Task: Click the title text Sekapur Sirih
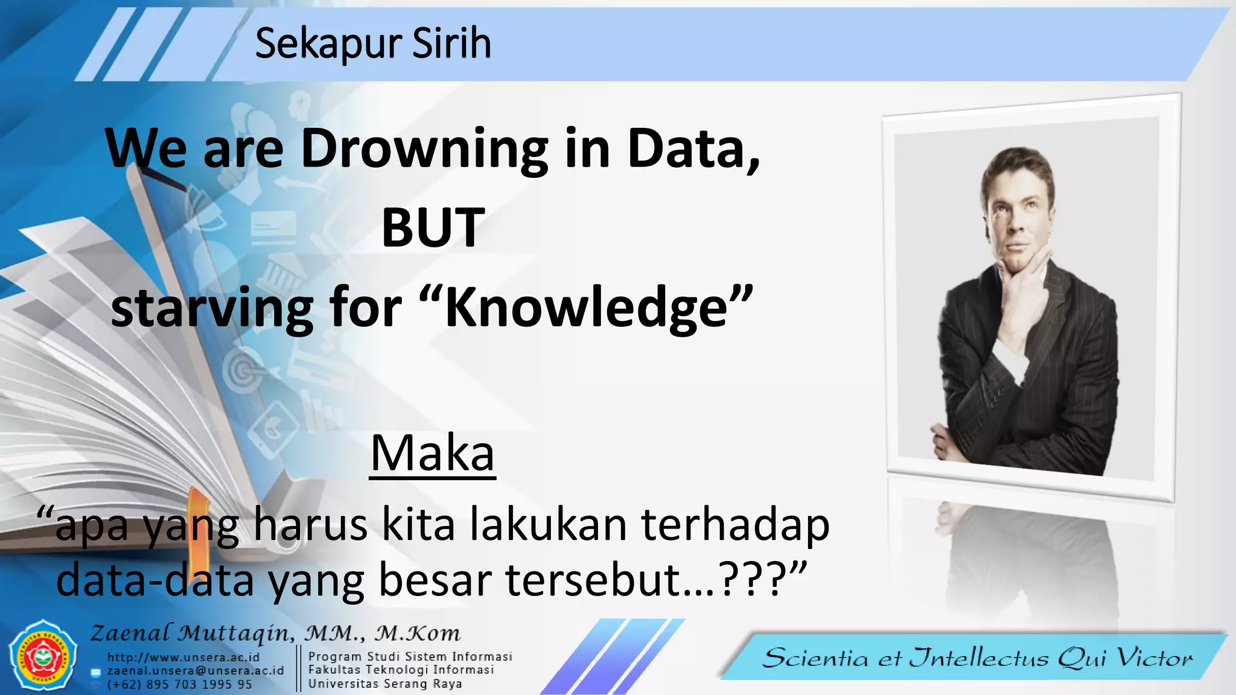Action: (373, 43)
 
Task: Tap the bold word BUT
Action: (433, 227)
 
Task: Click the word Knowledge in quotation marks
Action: (585, 308)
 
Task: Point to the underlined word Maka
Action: (432, 453)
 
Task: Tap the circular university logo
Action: (43, 656)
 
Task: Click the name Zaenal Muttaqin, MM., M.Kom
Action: (275, 633)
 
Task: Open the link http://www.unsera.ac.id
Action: (183, 657)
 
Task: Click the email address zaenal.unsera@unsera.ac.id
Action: (196, 670)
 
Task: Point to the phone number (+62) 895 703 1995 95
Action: (179, 684)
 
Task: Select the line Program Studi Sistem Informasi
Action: (410, 656)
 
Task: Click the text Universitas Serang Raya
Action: (385, 684)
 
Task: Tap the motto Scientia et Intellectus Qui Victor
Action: (977, 658)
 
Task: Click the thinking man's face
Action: (1018, 214)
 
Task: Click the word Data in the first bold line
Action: (691, 149)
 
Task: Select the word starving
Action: (212, 308)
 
